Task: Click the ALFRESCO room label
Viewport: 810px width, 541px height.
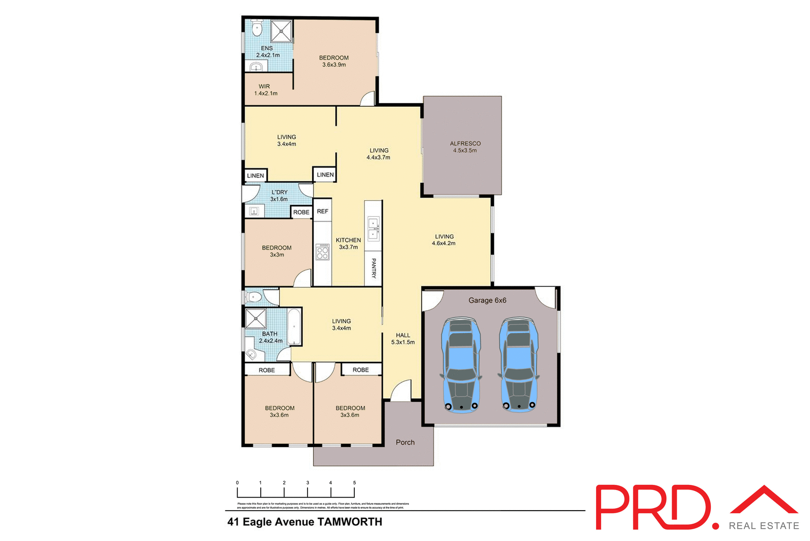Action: [x=465, y=147]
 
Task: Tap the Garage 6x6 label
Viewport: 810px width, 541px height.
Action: [x=487, y=300]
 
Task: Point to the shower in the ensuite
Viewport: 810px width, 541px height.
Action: [x=281, y=31]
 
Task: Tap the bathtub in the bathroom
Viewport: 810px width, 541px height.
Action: [x=294, y=327]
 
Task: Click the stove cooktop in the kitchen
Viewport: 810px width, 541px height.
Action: [x=322, y=252]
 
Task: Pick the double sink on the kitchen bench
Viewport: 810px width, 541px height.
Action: [x=373, y=228]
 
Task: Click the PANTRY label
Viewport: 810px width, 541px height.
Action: [x=373, y=268]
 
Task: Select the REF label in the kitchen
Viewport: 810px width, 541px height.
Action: [x=322, y=211]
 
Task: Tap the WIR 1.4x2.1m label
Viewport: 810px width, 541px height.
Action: [x=265, y=90]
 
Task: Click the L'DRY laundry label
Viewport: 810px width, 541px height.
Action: [x=279, y=195]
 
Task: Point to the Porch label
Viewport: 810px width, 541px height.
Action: [x=405, y=442]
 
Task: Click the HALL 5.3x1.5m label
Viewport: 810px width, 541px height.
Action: [x=403, y=338]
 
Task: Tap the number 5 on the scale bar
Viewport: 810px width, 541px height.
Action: [x=354, y=483]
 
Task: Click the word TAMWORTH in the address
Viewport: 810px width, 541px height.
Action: [x=350, y=522]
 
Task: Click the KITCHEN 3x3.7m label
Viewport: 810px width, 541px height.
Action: [x=348, y=243]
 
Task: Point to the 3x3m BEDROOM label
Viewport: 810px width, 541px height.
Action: [x=277, y=251]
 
